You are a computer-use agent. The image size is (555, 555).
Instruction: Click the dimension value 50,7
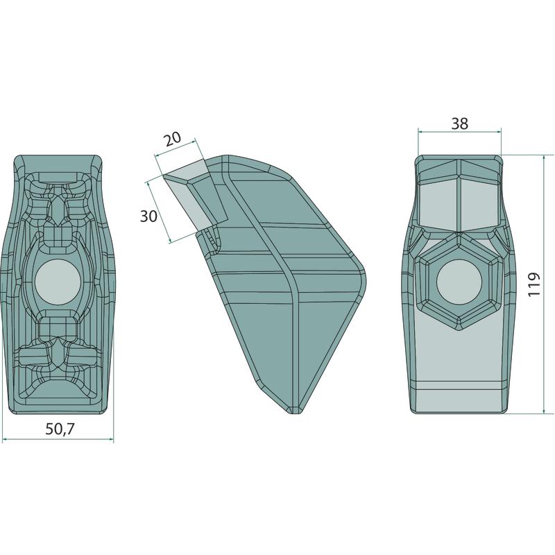point(60,429)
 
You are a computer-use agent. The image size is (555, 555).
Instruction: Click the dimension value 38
point(460,123)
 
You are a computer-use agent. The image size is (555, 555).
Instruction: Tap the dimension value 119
point(533,284)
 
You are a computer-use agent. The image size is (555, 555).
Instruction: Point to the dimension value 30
point(148,216)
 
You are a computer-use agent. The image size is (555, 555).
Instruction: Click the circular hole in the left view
point(58,282)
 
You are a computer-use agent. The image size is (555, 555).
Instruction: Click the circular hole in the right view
point(459,282)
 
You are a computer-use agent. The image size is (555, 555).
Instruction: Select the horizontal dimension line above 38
point(460,132)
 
